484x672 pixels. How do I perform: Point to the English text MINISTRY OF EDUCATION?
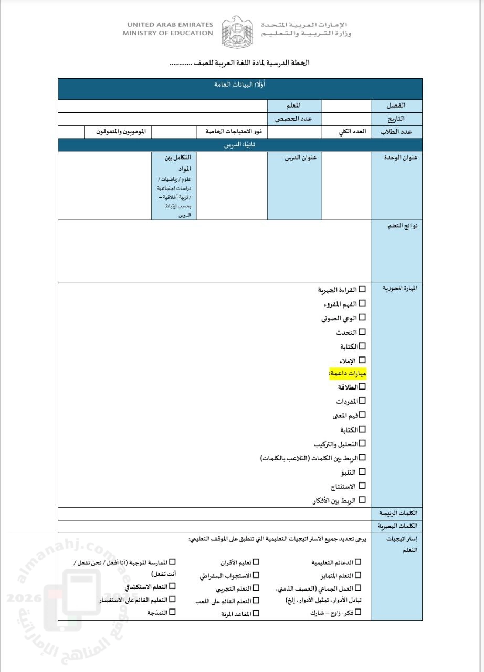(x=167, y=33)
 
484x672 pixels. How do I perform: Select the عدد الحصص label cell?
(x=293, y=119)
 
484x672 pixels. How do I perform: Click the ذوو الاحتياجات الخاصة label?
(x=232, y=132)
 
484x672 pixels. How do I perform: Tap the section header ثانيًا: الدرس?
(x=239, y=145)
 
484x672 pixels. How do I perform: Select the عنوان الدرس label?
(x=300, y=157)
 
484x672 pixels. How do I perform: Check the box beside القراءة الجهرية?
(x=362, y=289)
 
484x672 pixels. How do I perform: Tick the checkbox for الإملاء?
(x=362, y=360)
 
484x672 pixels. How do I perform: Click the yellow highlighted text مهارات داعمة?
(x=348, y=374)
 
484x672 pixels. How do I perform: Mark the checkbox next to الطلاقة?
(x=362, y=387)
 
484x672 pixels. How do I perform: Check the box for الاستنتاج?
(x=362, y=486)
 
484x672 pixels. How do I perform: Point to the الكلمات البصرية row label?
(x=397, y=526)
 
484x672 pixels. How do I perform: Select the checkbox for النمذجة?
(x=172, y=612)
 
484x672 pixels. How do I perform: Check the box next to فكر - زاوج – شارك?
(x=359, y=612)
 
